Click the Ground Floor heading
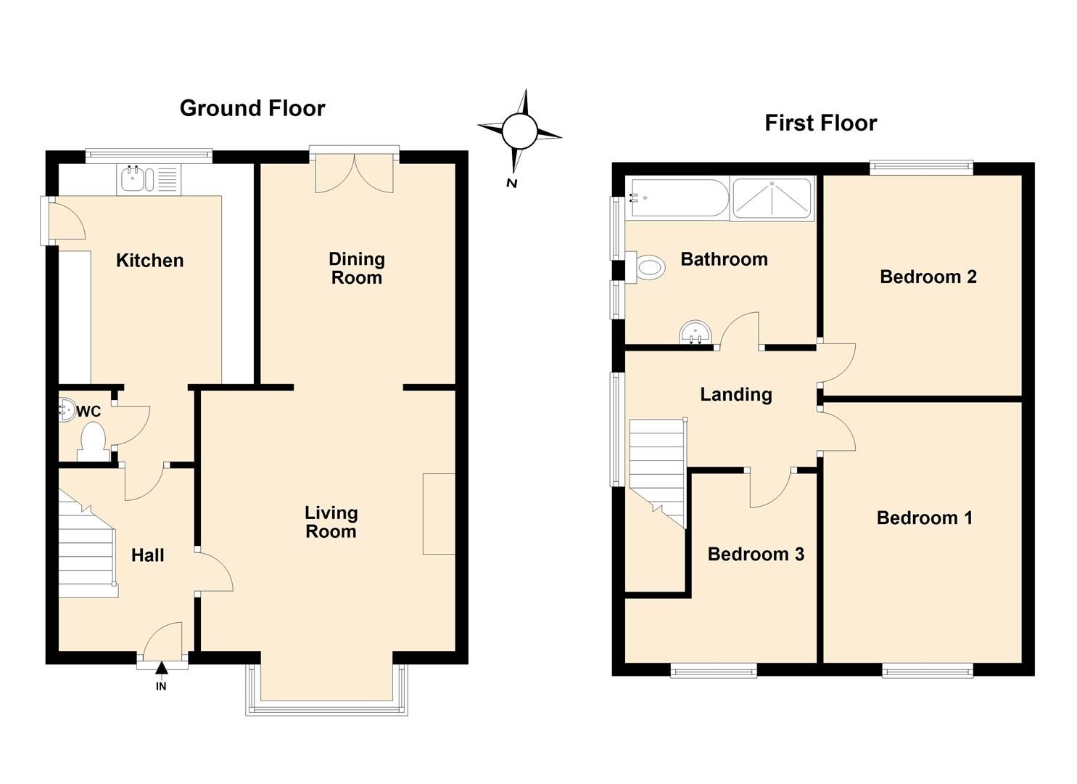coord(252,108)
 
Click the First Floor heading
coord(820,123)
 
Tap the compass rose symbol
coord(519,131)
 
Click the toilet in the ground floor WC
coord(93,441)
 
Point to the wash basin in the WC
coord(67,410)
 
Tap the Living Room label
coord(331,522)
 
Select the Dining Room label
coord(356,268)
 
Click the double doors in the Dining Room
coord(355,174)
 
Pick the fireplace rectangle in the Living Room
coord(439,514)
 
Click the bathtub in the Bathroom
coord(678,198)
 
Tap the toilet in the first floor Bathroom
coord(647,268)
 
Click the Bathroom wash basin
coord(696,335)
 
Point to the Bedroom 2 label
coord(928,277)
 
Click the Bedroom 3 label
coord(755,554)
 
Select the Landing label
coord(735,394)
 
